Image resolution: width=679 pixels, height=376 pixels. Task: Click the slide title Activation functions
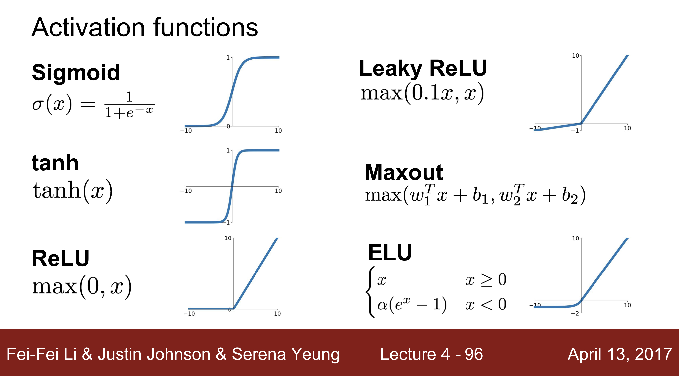(x=145, y=28)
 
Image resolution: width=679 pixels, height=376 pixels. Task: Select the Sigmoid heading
(x=76, y=72)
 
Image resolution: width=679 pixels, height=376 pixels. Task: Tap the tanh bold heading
(x=55, y=163)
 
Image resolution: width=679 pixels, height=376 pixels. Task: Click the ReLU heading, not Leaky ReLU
(x=61, y=258)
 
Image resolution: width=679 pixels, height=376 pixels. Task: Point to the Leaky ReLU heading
(x=423, y=68)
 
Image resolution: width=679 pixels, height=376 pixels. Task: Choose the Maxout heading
(x=404, y=172)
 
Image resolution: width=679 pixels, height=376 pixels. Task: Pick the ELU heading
(x=390, y=253)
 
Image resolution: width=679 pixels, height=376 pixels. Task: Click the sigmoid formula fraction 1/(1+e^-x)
(x=129, y=105)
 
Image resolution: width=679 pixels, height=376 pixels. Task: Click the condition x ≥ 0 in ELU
(x=486, y=280)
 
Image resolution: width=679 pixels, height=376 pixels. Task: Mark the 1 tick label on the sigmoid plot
(x=228, y=57)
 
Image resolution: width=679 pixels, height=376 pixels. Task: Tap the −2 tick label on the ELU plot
(x=575, y=314)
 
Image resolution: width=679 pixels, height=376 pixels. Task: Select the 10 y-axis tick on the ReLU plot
(x=228, y=238)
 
